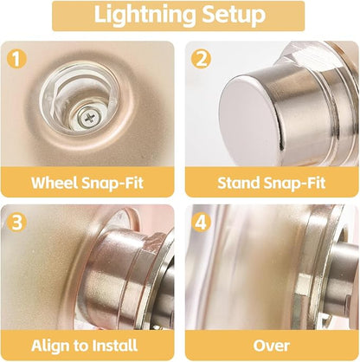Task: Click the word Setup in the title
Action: pyautogui.click(x=227, y=15)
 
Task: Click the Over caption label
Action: pyautogui.click(x=272, y=345)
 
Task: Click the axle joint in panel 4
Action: pyautogui.click(x=325, y=277)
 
